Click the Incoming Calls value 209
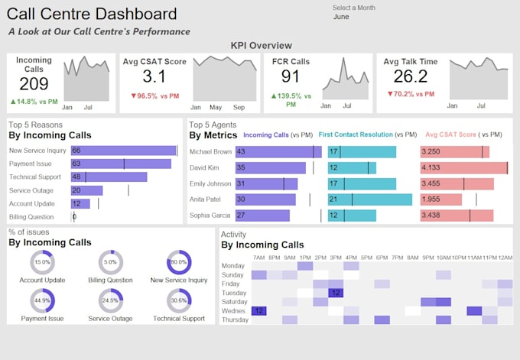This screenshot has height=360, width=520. (x=34, y=84)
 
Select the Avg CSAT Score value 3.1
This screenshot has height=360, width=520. (x=154, y=77)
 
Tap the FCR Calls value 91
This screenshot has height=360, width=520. (x=291, y=77)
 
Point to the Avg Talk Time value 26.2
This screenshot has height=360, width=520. (x=411, y=76)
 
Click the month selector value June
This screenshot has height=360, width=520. (x=341, y=16)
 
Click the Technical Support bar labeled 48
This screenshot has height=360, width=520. (x=109, y=177)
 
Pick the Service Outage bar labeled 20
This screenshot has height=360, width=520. (x=86, y=190)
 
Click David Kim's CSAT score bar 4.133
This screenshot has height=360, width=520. (x=463, y=167)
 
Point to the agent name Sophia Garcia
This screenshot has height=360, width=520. (x=210, y=216)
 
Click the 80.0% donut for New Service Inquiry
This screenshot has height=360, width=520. (x=179, y=262)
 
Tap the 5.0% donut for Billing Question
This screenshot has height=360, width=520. (x=111, y=262)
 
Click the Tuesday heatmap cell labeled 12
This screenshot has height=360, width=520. (x=335, y=293)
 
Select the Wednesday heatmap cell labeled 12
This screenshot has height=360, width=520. (x=259, y=311)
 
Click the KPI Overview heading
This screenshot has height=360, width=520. (x=261, y=46)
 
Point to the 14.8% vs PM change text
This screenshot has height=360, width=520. (x=34, y=102)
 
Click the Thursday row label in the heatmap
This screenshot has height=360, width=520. (x=234, y=320)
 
